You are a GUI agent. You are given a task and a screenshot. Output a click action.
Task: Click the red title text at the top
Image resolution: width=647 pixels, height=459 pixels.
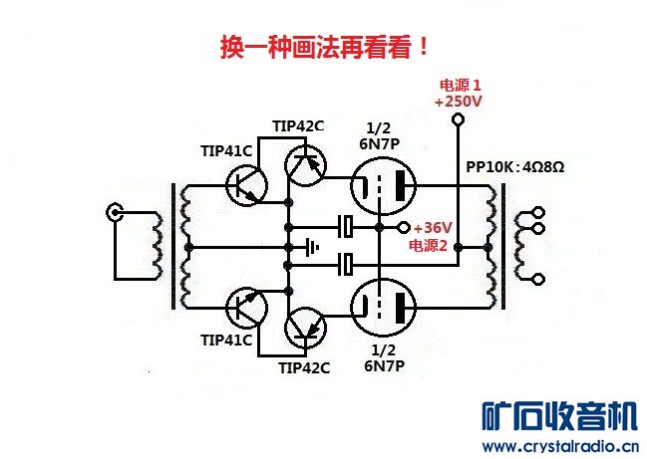[325, 48]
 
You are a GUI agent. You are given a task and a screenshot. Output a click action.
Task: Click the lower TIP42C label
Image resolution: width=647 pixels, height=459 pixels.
[304, 367]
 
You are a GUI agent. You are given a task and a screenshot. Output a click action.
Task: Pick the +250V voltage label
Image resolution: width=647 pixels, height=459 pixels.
[459, 102]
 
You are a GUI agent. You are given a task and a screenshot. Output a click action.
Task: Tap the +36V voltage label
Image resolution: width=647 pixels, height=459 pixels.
[433, 227]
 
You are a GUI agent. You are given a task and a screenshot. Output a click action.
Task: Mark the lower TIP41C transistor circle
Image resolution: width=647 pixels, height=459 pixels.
[245, 305]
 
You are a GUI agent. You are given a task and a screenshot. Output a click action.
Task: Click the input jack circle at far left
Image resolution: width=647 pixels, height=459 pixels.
[117, 212]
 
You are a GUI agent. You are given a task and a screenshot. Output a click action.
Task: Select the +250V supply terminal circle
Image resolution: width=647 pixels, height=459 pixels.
[458, 120]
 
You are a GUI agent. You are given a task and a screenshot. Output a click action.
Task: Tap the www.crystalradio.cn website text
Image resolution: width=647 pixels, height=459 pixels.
[559, 445]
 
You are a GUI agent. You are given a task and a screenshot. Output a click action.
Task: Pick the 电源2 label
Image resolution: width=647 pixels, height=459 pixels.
[430, 245]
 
